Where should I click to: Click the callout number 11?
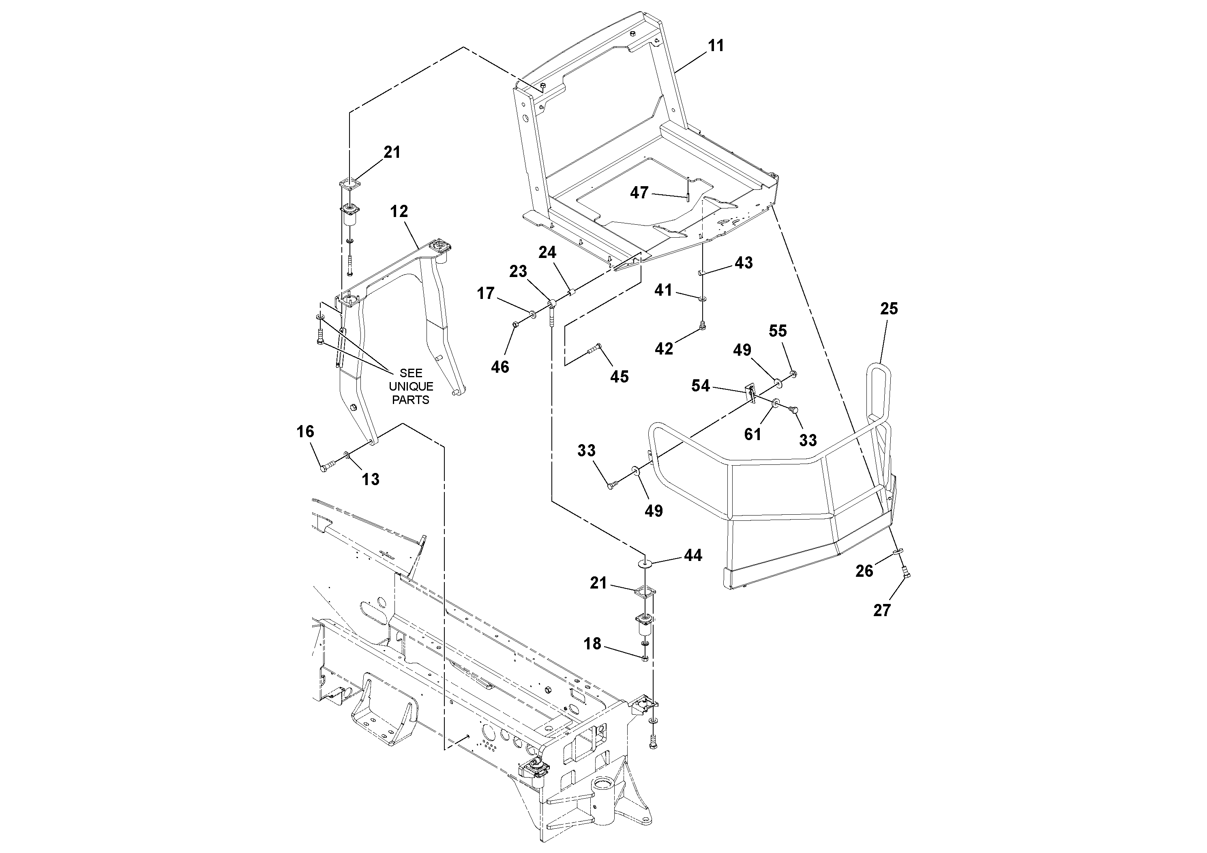click(716, 46)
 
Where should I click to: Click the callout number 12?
click(399, 211)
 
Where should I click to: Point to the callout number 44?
click(692, 555)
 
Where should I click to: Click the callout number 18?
click(592, 644)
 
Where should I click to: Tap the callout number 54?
click(700, 386)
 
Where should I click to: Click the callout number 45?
click(619, 376)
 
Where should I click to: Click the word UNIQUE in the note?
click(411, 387)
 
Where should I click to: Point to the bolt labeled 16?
click(327, 465)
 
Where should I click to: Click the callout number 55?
click(778, 331)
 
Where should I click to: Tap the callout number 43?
click(743, 262)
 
